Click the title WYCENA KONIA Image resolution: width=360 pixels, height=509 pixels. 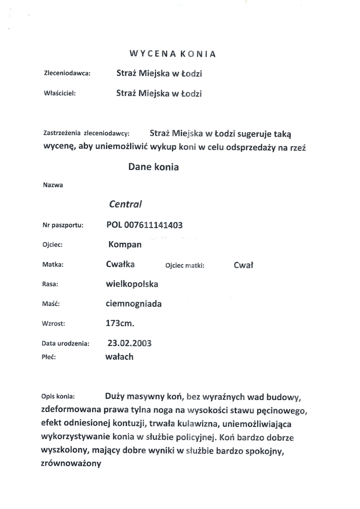[173, 54]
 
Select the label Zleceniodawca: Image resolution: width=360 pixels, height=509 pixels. [67, 74]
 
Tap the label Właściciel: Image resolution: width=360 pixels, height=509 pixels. [60, 93]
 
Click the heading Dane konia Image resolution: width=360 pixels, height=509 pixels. [153, 167]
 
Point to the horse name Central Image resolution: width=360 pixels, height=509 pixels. [125, 203]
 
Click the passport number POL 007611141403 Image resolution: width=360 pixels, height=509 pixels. [145, 225]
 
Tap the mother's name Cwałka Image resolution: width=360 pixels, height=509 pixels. [120, 264]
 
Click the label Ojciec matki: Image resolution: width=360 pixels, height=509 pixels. [184, 266]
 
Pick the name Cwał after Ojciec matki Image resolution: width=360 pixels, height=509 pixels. [243, 265]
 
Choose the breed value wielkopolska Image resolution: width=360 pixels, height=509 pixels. [132, 284]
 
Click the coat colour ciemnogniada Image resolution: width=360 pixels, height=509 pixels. [134, 304]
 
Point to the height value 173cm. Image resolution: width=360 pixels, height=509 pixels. [120, 323]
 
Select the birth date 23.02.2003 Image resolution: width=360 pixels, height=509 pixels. [129, 343]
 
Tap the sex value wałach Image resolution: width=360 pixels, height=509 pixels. [119, 356]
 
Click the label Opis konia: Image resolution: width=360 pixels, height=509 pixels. [58, 397]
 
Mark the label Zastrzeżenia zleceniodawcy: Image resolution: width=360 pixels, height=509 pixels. [86, 133]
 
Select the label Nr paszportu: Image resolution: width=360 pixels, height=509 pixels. [63, 225]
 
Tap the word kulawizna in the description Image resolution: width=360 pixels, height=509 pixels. [244, 424]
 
